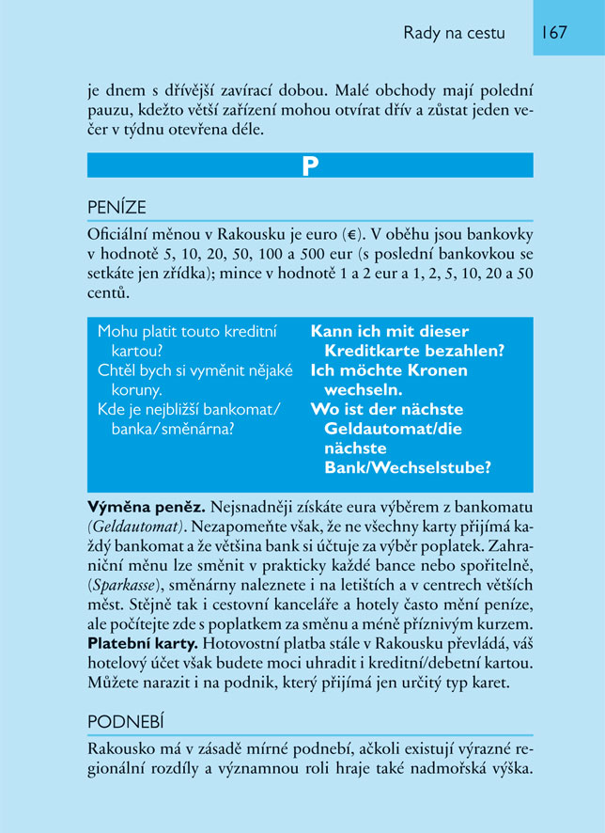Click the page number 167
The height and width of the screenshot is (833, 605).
(553, 33)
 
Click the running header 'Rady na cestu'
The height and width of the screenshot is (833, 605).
(454, 33)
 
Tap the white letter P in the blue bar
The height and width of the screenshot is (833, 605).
(310, 165)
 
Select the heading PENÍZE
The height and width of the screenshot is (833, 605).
(116, 207)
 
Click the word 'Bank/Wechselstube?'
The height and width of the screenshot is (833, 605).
(408, 467)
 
